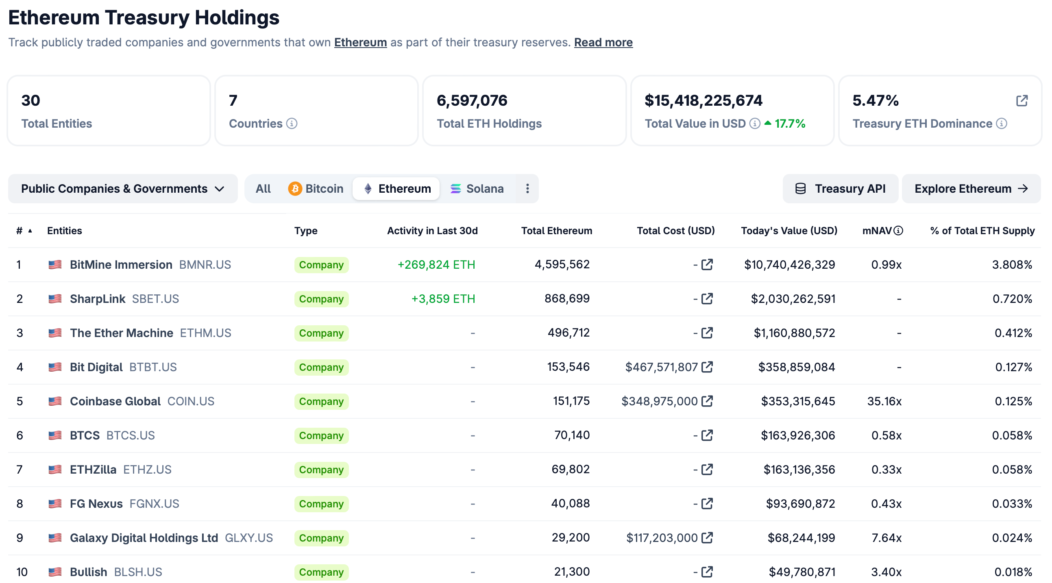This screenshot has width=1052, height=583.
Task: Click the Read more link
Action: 603,42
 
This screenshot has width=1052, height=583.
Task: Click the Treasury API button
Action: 840,189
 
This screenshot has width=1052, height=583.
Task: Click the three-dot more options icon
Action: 527,189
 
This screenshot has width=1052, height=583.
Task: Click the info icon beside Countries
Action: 292,123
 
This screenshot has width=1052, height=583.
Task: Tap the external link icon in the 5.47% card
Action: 1022,101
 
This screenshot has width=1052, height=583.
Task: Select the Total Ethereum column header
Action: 556,231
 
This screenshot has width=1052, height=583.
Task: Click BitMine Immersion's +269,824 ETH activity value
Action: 436,265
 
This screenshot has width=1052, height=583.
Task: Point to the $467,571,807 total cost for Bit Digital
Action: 661,367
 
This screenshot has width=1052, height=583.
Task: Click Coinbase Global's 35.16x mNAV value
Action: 884,401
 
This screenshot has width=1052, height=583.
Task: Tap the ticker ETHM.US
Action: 205,333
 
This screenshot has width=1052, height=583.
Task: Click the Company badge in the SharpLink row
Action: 321,299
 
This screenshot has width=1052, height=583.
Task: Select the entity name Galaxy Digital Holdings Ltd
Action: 144,538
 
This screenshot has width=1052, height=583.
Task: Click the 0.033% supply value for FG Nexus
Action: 1012,504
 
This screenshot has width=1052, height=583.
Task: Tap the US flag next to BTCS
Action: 55,435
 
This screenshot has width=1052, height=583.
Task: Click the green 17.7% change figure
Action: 789,123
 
